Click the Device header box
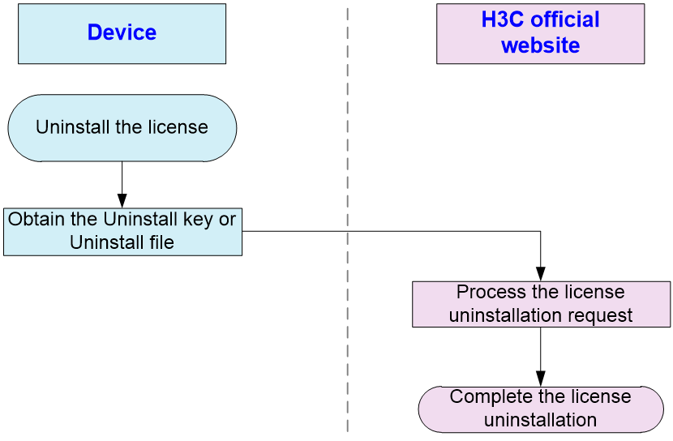point(122,34)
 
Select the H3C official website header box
point(540,34)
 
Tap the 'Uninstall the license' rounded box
point(122,128)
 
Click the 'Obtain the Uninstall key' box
point(122,232)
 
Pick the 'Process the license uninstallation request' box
point(541,304)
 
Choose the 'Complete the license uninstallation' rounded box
point(541,409)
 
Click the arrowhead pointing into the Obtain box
point(122,201)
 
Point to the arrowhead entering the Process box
point(540,274)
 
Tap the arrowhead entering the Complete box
point(540,379)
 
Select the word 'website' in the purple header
point(541,45)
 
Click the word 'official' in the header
point(565,19)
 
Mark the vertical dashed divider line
point(348,220)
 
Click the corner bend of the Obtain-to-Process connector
point(540,232)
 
